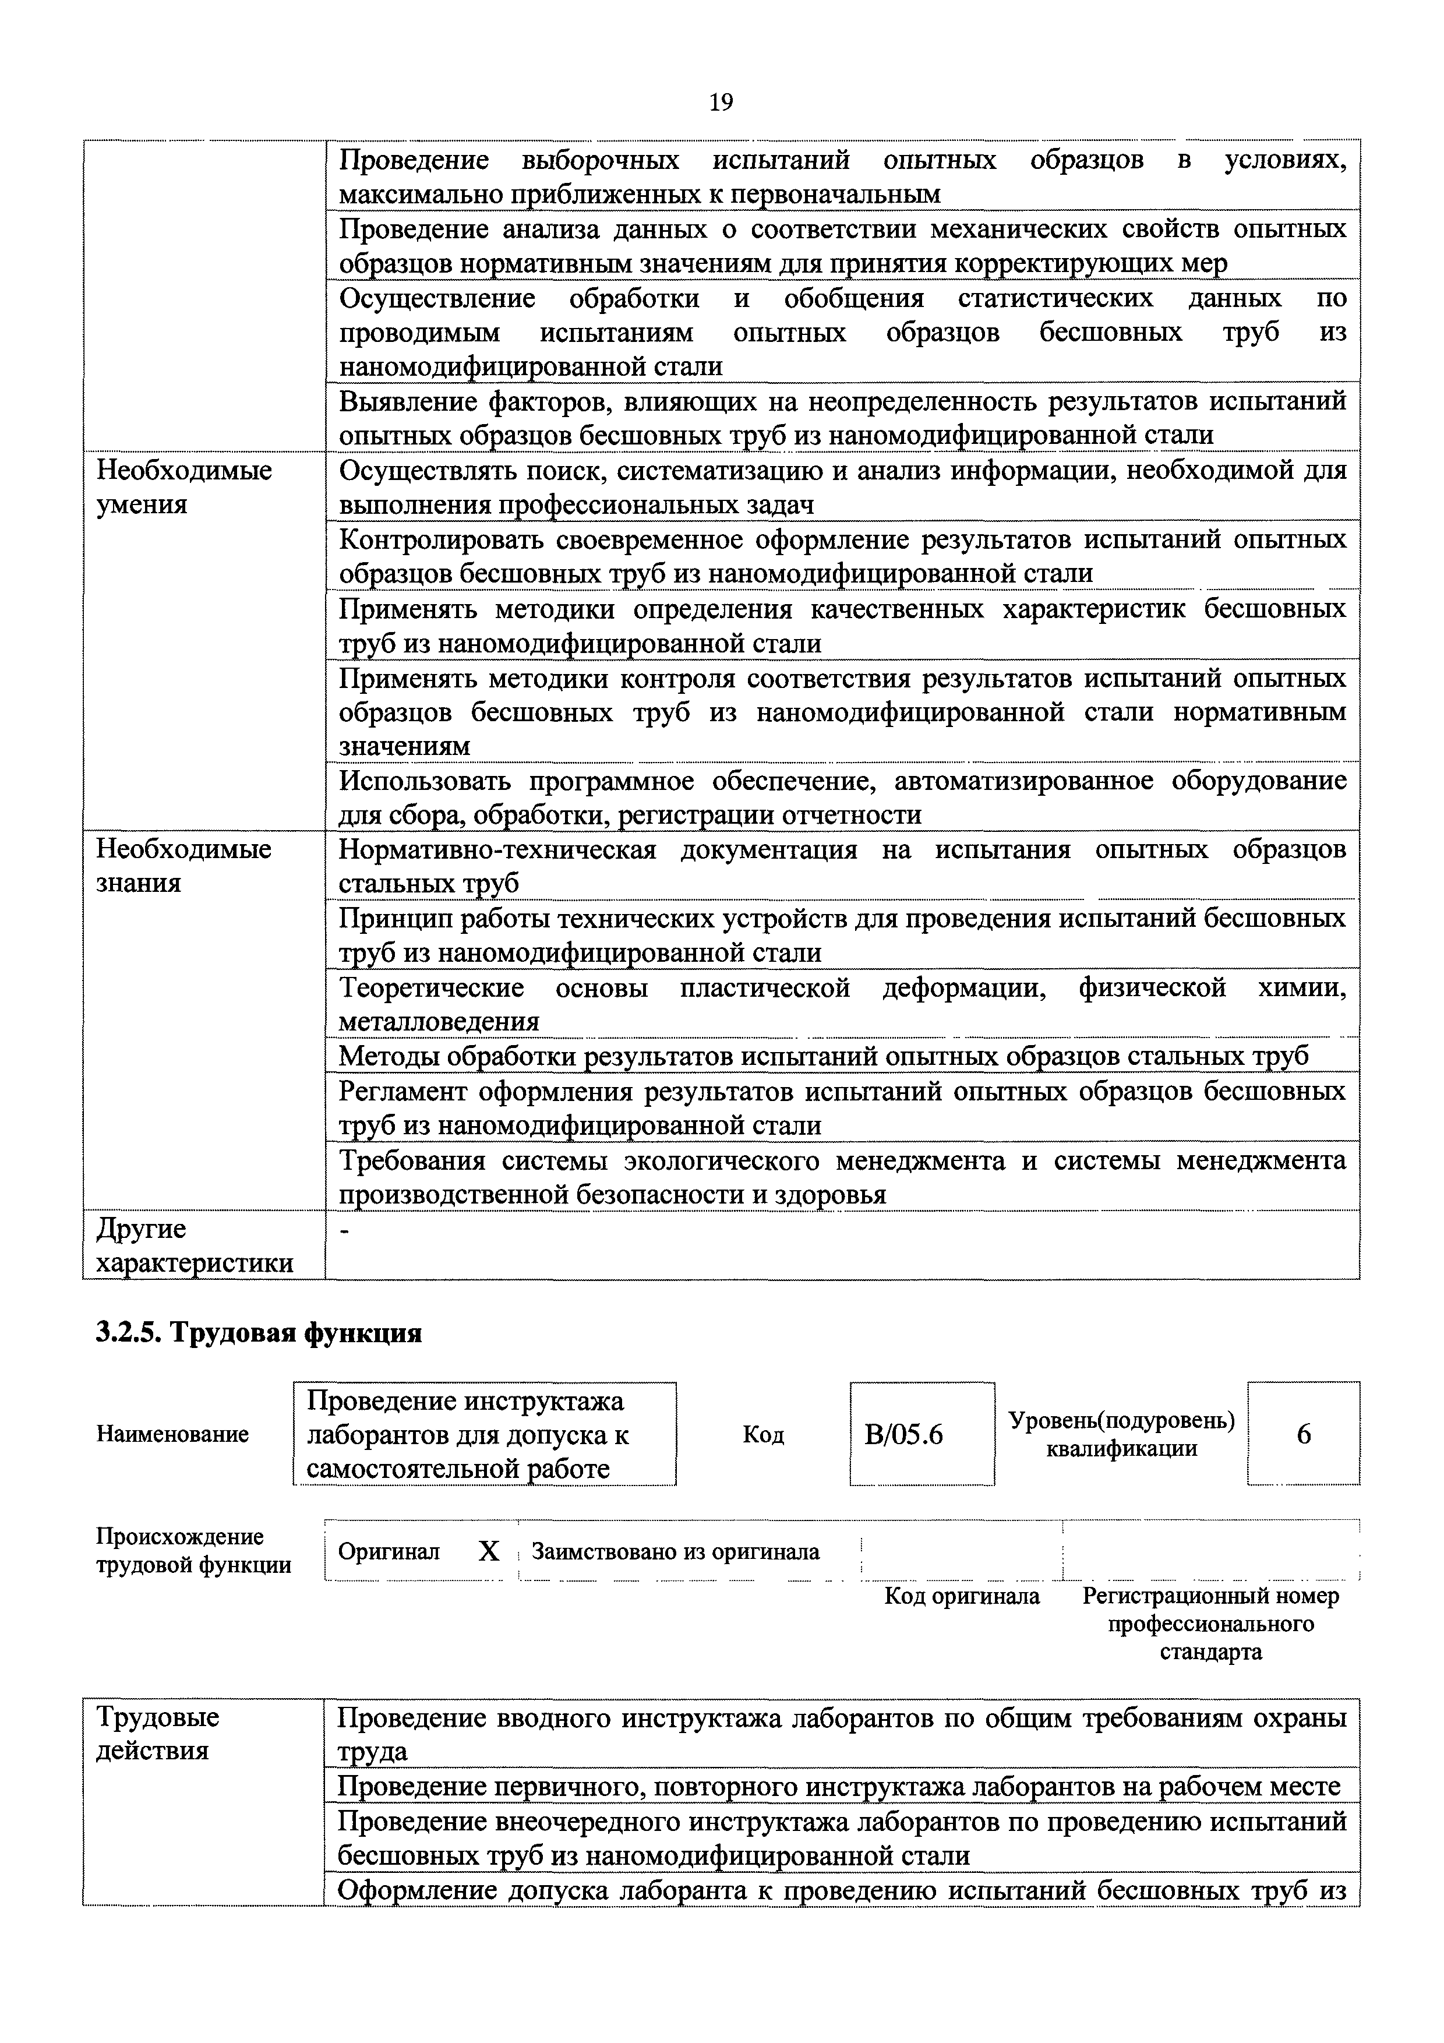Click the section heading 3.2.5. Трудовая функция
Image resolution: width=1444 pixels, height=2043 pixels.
[x=258, y=1333]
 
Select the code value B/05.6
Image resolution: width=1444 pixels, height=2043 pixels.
[x=903, y=1435]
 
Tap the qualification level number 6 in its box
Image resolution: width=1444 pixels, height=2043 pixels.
[x=1304, y=1434]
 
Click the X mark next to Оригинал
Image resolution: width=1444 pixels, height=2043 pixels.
[x=489, y=1552]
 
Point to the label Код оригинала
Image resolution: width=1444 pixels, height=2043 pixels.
[x=962, y=1596]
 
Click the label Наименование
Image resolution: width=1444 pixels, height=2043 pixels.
[x=172, y=1434]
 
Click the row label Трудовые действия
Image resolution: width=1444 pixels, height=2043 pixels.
[x=157, y=1734]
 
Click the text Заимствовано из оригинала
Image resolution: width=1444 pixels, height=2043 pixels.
[x=675, y=1552]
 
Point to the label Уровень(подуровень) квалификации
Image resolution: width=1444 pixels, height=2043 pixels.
[x=1121, y=1434]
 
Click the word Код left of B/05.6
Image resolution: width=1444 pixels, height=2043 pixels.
[x=762, y=1435]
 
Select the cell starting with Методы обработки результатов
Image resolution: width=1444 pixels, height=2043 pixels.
[x=823, y=1056]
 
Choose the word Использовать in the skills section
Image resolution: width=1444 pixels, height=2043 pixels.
[x=427, y=781]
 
